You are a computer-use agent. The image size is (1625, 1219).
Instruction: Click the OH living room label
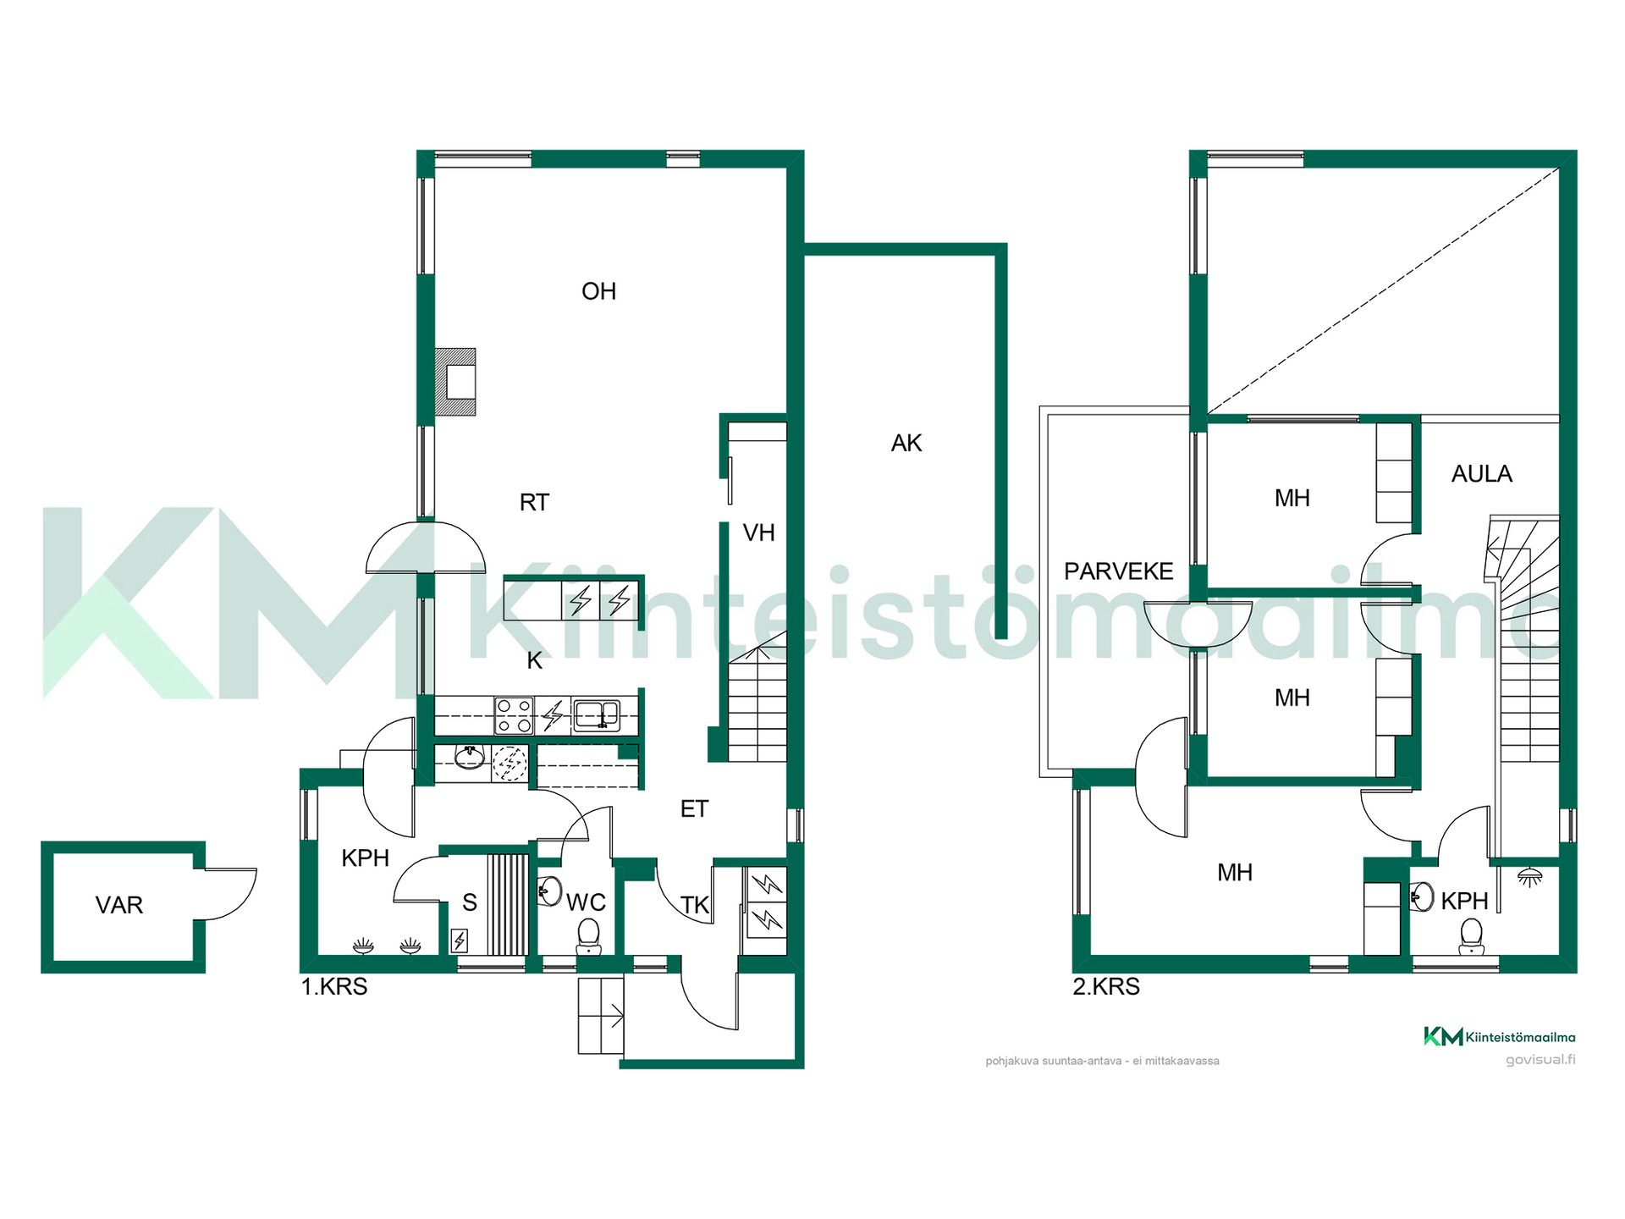[598, 291]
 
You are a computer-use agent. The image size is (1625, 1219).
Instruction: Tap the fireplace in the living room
[455, 382]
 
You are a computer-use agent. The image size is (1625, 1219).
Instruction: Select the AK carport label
[906, 443]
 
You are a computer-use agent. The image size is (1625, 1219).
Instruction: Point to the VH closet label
[758, 532]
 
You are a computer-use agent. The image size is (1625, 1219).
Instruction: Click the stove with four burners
[514, 715]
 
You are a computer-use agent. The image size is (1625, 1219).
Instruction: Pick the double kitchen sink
[597, 715]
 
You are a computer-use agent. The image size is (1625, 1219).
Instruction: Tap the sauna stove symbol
[460, 940]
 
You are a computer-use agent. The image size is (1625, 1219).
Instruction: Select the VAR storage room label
[119, 905]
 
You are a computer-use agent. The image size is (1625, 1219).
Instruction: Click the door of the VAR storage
[229, 894]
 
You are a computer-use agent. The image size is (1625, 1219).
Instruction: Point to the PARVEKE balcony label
[1118, 571]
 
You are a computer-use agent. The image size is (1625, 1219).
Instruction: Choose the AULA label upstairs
[1481, 474]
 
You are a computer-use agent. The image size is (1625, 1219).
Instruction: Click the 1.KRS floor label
[334, 987]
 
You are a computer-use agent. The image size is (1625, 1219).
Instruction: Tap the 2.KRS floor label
[1106, 987]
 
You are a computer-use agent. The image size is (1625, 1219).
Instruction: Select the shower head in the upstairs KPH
[1529, 877]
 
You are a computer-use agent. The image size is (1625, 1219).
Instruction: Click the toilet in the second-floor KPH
[1472, 937]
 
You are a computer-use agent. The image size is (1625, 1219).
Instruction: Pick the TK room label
[695, 905]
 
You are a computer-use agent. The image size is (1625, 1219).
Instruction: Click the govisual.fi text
[1540, 1059]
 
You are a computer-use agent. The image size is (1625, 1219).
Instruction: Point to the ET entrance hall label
[694, 808]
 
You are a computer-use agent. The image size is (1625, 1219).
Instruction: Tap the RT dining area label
[534, 502]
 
